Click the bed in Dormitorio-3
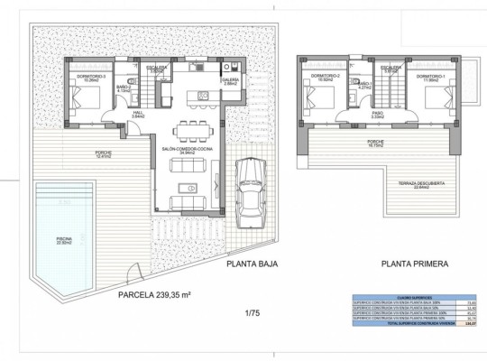point(86,96)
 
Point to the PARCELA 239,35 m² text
point(154,293)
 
